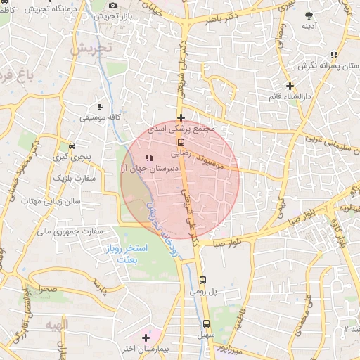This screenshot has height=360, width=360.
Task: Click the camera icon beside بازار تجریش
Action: [x=113, y=6]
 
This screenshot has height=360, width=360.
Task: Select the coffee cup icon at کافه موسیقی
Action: [x=101, y=106]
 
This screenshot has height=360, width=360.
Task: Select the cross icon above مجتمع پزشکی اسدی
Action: [x=181, y=117]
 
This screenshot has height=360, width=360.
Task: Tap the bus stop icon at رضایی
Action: [x=181, y=142]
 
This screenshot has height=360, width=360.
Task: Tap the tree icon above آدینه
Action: [x=309, y=15]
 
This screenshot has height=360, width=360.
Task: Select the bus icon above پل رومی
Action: [x=202, y=279]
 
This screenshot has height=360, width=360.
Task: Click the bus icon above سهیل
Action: [x=206, y=324]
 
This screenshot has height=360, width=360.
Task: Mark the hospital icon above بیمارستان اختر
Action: [x=146, y=338]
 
